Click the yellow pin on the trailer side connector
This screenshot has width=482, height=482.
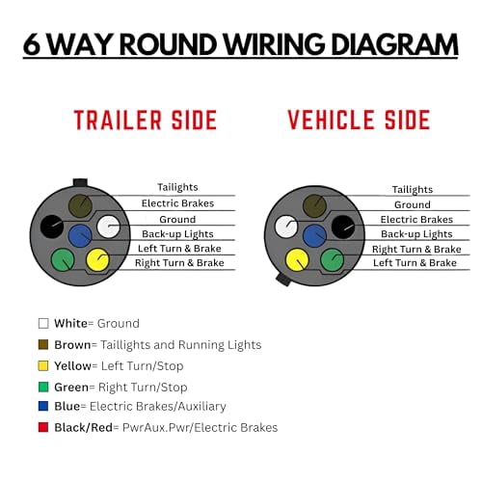pyautogui.click(x=97, y=259)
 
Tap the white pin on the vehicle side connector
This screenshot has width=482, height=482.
pyautogui.click(x=286, y=227)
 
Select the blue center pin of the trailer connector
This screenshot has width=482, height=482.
pyautogui.click(x=80, y=236)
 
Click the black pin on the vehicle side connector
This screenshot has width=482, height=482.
pyautogui.click(x=343, y=228)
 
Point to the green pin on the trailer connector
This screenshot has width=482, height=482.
pyautogui.click(x=63, y=259)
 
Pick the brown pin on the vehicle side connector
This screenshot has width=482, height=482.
pyautogui.click(x=314, y=205)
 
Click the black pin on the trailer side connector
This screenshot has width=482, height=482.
pyautogui.click(x=52, y=227)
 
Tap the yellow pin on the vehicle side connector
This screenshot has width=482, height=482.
pyautogui.click(x=297, y=259)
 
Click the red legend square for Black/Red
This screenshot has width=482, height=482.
pyautogui.click(x=43, y=427)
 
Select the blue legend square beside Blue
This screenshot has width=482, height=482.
pyautogui.click(x=43, y=406)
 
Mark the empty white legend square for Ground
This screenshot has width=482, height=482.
pyautogui.click(x=43, y=323)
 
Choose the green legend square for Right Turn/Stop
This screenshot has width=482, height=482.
pyautogui.click(x=43, y=387)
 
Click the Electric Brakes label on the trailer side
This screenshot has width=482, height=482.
pyautogui.click(x=177, y=203)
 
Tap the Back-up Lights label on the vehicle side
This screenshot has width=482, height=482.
pyautogui.click(x=416, y=234)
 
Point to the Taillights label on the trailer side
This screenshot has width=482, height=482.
pyautogui.click(x=177, y=187)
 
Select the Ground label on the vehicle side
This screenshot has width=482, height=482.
pyautogui.click(x=413, y=204)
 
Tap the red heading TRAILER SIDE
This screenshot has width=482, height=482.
pyautogui.click(x=146, y=120)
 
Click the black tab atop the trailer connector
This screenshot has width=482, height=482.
pyautogui.click(x=80, y=182)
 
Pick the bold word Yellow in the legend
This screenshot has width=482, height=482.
pyautogui.click(x=72, y=365)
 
